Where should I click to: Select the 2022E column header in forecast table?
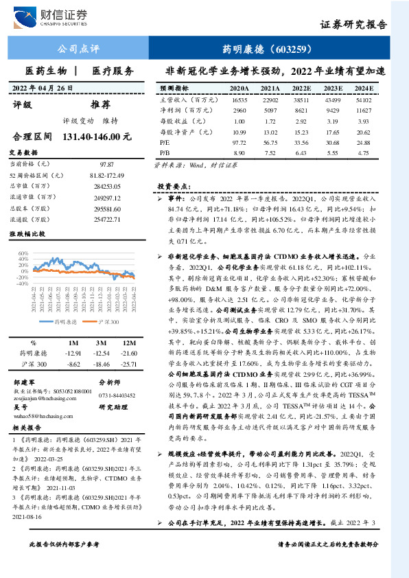[x=301, y=89]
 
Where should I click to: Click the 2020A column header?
[x=239, y=89]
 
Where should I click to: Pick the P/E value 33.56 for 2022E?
[x=301, y=142]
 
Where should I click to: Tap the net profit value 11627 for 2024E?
[x=364, y=110]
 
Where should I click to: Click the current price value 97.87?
[x=106, y=165]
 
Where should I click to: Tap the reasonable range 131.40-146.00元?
[x=96, y=137]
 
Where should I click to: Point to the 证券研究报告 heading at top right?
[x=353, y=25]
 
